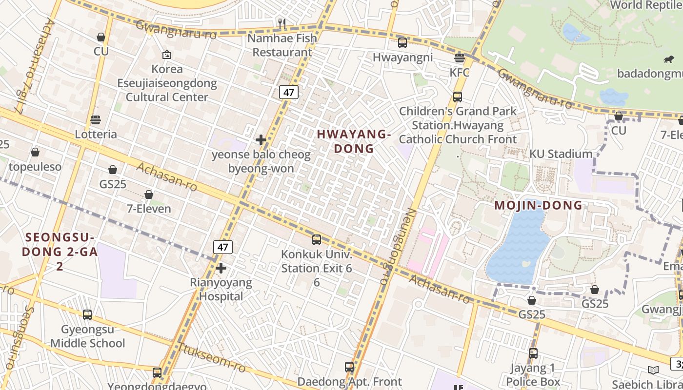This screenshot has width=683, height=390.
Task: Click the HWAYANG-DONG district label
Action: pyautogui.click(x=354, y=141)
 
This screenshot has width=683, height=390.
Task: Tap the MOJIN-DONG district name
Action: pyautogui.click(x=538, y=205)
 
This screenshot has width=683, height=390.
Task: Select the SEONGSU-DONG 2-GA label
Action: pyautogui.click(x=59, y=252)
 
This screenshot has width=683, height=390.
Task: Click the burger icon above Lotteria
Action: pyautogui.click(x=96, y=120)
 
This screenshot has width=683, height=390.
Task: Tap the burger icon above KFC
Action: pyautogui.click(x=459, y=58)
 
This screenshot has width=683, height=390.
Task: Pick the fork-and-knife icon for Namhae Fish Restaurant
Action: pyautogui.click(x=281, y=23)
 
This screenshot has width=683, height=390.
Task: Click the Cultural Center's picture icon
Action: pyautogui.click(x=167, y=55)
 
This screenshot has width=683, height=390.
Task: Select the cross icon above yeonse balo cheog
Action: pyautogui.click(x=261, y=140)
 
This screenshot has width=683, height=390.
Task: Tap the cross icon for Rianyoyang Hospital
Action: pyautogui.click(x=221, y=268)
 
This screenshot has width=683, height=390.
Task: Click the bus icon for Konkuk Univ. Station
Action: pyautogui.click(x=317, y=240)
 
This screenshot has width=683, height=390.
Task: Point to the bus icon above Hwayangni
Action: pyautogui.click(x=402, y=43)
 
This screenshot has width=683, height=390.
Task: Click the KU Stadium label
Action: pyautogui.click(x=561, y=154)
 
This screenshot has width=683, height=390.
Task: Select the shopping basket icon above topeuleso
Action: pyautogui.click(x=35, y=153)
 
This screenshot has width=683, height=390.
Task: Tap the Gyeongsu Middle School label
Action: pyautogui.click(x=88, y=336)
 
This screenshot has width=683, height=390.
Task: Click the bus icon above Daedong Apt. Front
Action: pyautogui.click(x=349, y=367)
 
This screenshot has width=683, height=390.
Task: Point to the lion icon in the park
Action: pyautogui.click(x=668, y=59)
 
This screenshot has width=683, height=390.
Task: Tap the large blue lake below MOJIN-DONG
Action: pyautogui.click(x=517, y=249)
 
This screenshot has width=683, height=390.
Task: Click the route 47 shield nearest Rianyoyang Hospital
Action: pyautogui.click(x=223, y=247)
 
